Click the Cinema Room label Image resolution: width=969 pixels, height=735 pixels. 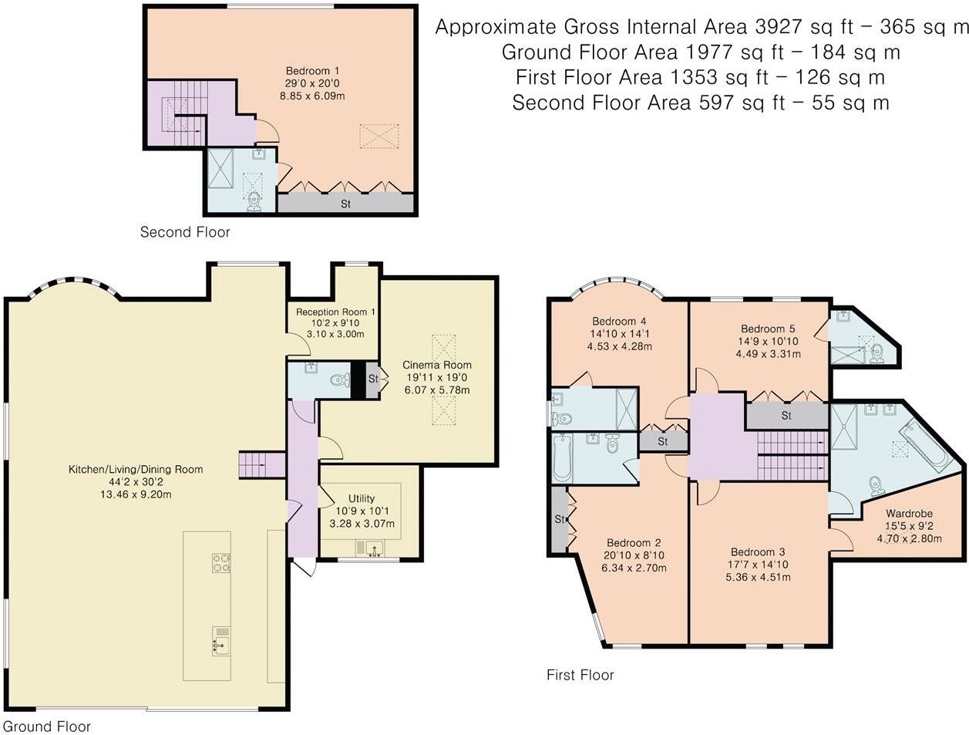(x=436, y=365)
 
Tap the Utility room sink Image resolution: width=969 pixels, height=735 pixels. (x=371, y=548)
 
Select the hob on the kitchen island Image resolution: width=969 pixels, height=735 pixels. (x=221, y=564)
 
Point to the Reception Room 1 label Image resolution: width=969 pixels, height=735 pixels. (x=331, y=312)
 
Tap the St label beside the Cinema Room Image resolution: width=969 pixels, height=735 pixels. (x=373, y=379)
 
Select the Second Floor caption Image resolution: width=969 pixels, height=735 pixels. (x=184, y=231)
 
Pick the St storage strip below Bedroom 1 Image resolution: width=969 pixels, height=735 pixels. (x=345, y=204)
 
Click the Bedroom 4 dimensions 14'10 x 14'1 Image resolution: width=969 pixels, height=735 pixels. (x=620, y=334)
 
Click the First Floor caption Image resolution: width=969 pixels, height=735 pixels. (x=580, y=675)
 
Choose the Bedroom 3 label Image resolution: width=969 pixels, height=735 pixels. (x=757, y=552)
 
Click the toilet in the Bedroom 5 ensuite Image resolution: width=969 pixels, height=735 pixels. (x=876, y=356)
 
